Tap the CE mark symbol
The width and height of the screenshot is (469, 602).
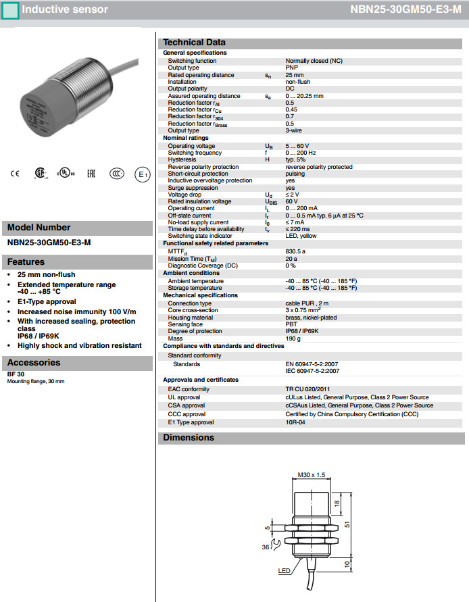pyautogui.click(x=15, y=174)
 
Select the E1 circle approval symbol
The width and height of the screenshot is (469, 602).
pyautogui.click(x=142, y=174)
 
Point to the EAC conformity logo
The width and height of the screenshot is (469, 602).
pyautogui.click(x=91, y=174)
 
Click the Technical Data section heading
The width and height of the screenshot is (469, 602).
pyautogui.click(x=195, y=42)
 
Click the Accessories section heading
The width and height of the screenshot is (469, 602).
pyautogui.click(x=34, y=363)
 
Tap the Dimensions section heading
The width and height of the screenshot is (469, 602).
pyautogui.click(x=189, y=438)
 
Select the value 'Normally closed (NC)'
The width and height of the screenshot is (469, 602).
pyautogui.click(x=314, y=61)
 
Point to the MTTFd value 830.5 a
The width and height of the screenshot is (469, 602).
pyautogui.click(x=296, y=251)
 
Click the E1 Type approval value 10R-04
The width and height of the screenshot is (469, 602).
pyautogui.click(x=296, y=422)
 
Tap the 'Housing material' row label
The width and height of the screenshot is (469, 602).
pyautogui.click(x=191, y=318)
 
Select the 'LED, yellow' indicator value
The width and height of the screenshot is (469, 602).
pyautogui.click(x=301, y=236)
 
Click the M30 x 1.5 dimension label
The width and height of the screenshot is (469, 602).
pyautogui.click(x=312, y=475)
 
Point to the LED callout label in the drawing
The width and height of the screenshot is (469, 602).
pyautogui.click(x=285, y=571)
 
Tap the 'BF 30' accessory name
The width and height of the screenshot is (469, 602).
pyautogui.click(x=16, y=374)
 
